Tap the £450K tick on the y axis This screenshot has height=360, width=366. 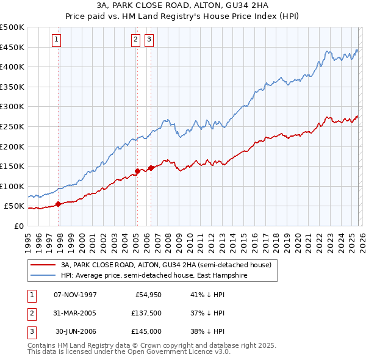tap(12, 47)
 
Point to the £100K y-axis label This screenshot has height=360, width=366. tap(12, 186)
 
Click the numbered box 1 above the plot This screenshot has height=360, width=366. tap(56, 40)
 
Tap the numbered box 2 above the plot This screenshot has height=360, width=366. tap(135, 40)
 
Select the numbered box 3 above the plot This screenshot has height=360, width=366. tap(149, 40)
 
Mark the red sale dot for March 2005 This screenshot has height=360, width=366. tap(137, 171)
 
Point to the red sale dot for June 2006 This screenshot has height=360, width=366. tap(151, 168)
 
